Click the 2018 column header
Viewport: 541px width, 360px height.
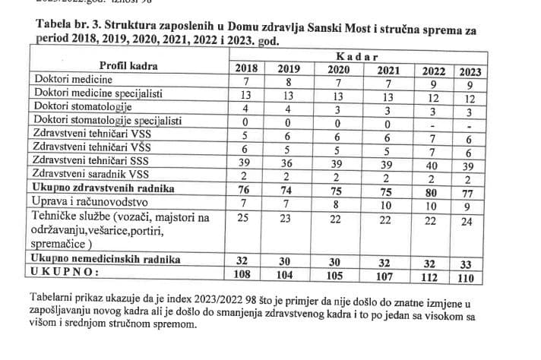tap(246, 68)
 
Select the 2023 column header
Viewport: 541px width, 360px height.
tap(470, 72)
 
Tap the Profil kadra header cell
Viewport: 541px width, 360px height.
tap(128, 65)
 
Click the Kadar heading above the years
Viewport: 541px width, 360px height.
tap(357, 57)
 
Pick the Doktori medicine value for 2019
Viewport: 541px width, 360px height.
tap(289, 82)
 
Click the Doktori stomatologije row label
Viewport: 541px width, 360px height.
tap(83, 106)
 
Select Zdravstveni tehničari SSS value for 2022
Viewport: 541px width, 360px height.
tap(432, 166)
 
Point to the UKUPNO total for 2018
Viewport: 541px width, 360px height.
tap(242, 274)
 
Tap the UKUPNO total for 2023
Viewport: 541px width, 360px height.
tap(466, 278)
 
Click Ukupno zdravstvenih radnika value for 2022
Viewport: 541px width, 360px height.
tap(431, 192)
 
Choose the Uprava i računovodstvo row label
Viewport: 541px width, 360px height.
tap(90, 201)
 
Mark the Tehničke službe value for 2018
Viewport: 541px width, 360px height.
tap(243, 217)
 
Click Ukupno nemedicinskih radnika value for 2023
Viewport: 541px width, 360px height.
tap(466, 264)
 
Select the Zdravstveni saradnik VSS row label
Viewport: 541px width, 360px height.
tap(90, 173)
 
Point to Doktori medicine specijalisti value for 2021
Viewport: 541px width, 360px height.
tap(388, 97)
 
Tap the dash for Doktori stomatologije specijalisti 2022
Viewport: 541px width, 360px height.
tap(432, 126)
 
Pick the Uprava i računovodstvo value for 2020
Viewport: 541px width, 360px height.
tap(337, 205)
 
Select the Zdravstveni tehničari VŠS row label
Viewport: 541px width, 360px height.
tap(92, 147)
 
